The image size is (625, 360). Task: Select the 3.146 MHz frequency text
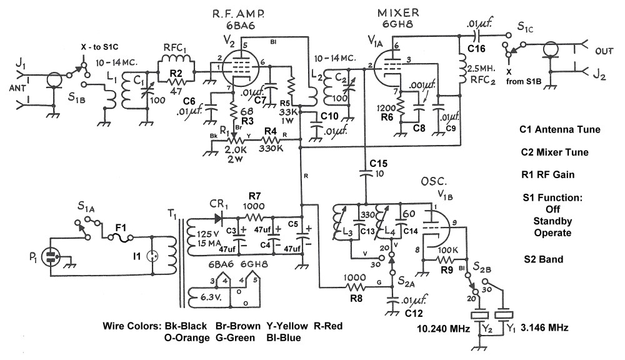[546, 327]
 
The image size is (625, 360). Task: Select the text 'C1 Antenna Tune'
[559, 130]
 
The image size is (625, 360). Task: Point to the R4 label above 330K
[270, 131]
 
